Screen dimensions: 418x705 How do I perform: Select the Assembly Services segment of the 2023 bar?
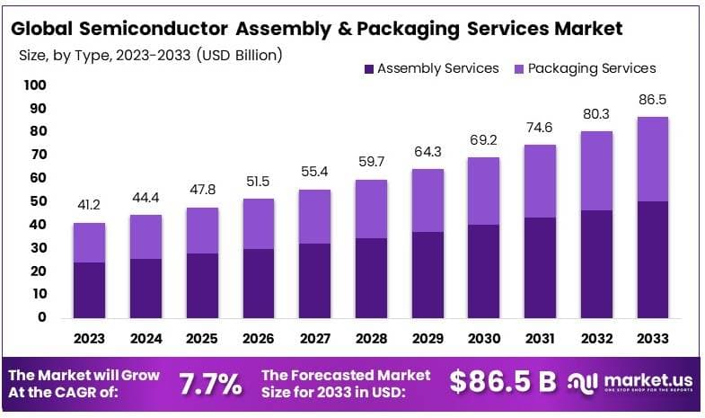coord(89,289)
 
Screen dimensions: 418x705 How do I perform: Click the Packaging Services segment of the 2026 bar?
coord(259,224)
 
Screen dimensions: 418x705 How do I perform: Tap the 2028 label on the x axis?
coord(370,339)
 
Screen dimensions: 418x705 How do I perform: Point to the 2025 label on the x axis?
coord(202,339)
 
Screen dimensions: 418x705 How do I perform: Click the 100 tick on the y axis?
coord(34,85)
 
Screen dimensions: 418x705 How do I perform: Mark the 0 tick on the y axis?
coord(40,317)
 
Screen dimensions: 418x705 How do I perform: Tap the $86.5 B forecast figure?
coord(503,382)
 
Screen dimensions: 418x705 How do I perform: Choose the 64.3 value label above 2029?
coord(427,151)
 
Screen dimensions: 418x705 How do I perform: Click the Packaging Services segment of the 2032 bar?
coord(595,171)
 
